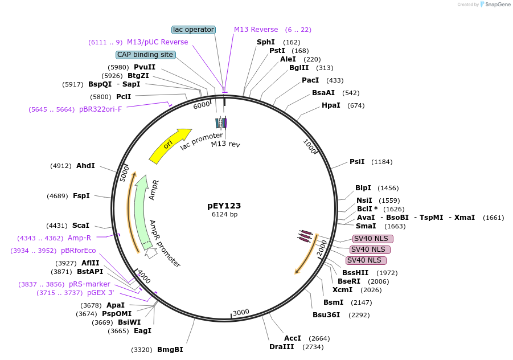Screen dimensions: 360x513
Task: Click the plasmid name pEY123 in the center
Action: [x=224, y=206]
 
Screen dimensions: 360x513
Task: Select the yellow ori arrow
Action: [x=170, y=145]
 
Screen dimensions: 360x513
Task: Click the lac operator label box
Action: [x=194, y=30]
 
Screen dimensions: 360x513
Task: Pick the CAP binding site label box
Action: [x=145, y=55]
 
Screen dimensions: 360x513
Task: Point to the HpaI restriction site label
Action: [x=331, y=105]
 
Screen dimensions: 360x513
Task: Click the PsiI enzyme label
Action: [x=357, y=162]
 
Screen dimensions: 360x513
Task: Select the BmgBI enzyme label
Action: [x=170, y=350]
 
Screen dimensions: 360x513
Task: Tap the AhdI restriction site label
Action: [x=85, y=166]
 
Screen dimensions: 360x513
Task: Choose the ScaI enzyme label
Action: [x=81, y=226]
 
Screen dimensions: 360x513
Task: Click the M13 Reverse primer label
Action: [x=256, y=30]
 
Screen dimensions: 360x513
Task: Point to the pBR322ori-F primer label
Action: [x=100, y=109]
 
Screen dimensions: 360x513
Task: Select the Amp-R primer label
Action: [x=79, y=238]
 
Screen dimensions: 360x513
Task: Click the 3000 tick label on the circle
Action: [x=241, y=312]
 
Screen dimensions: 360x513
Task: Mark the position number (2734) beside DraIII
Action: [x=313, y=347]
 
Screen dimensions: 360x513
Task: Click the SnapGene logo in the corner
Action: [x=494, y=5]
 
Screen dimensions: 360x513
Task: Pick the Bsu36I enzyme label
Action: [x=326, y=314]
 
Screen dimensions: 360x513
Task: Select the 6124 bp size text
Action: [x=224, y=215]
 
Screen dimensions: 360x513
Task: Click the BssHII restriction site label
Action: [x=355, y=273]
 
